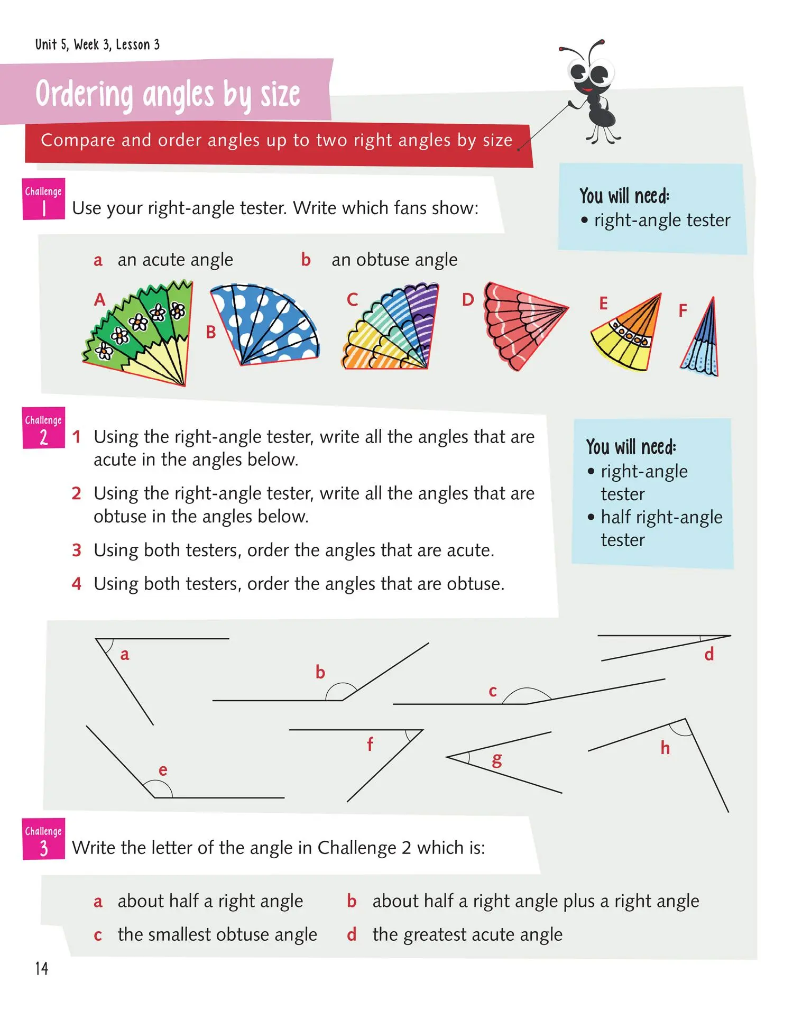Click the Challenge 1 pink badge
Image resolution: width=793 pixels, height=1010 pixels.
43,199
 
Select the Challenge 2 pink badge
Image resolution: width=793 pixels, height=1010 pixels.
43,428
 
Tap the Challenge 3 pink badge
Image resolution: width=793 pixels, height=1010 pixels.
43,839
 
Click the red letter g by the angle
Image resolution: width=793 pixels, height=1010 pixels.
496,760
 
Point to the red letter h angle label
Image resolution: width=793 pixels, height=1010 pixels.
665,748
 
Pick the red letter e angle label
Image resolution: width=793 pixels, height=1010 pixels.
163,770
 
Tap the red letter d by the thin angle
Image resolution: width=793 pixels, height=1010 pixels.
709,654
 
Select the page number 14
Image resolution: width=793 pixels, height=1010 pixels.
42,968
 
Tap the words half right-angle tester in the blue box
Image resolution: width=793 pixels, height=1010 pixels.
661,528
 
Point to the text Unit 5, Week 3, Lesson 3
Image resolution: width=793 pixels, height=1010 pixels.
97,44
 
